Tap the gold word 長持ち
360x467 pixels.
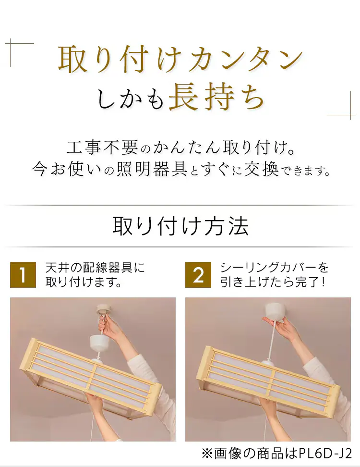(x=217, y=98)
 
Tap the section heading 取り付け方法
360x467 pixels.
(x=180, y=226)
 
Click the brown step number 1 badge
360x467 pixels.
(x=23, y=274)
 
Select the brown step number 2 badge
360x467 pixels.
(x=198, y=274)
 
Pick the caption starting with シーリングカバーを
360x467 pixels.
(x=274, y=274)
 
